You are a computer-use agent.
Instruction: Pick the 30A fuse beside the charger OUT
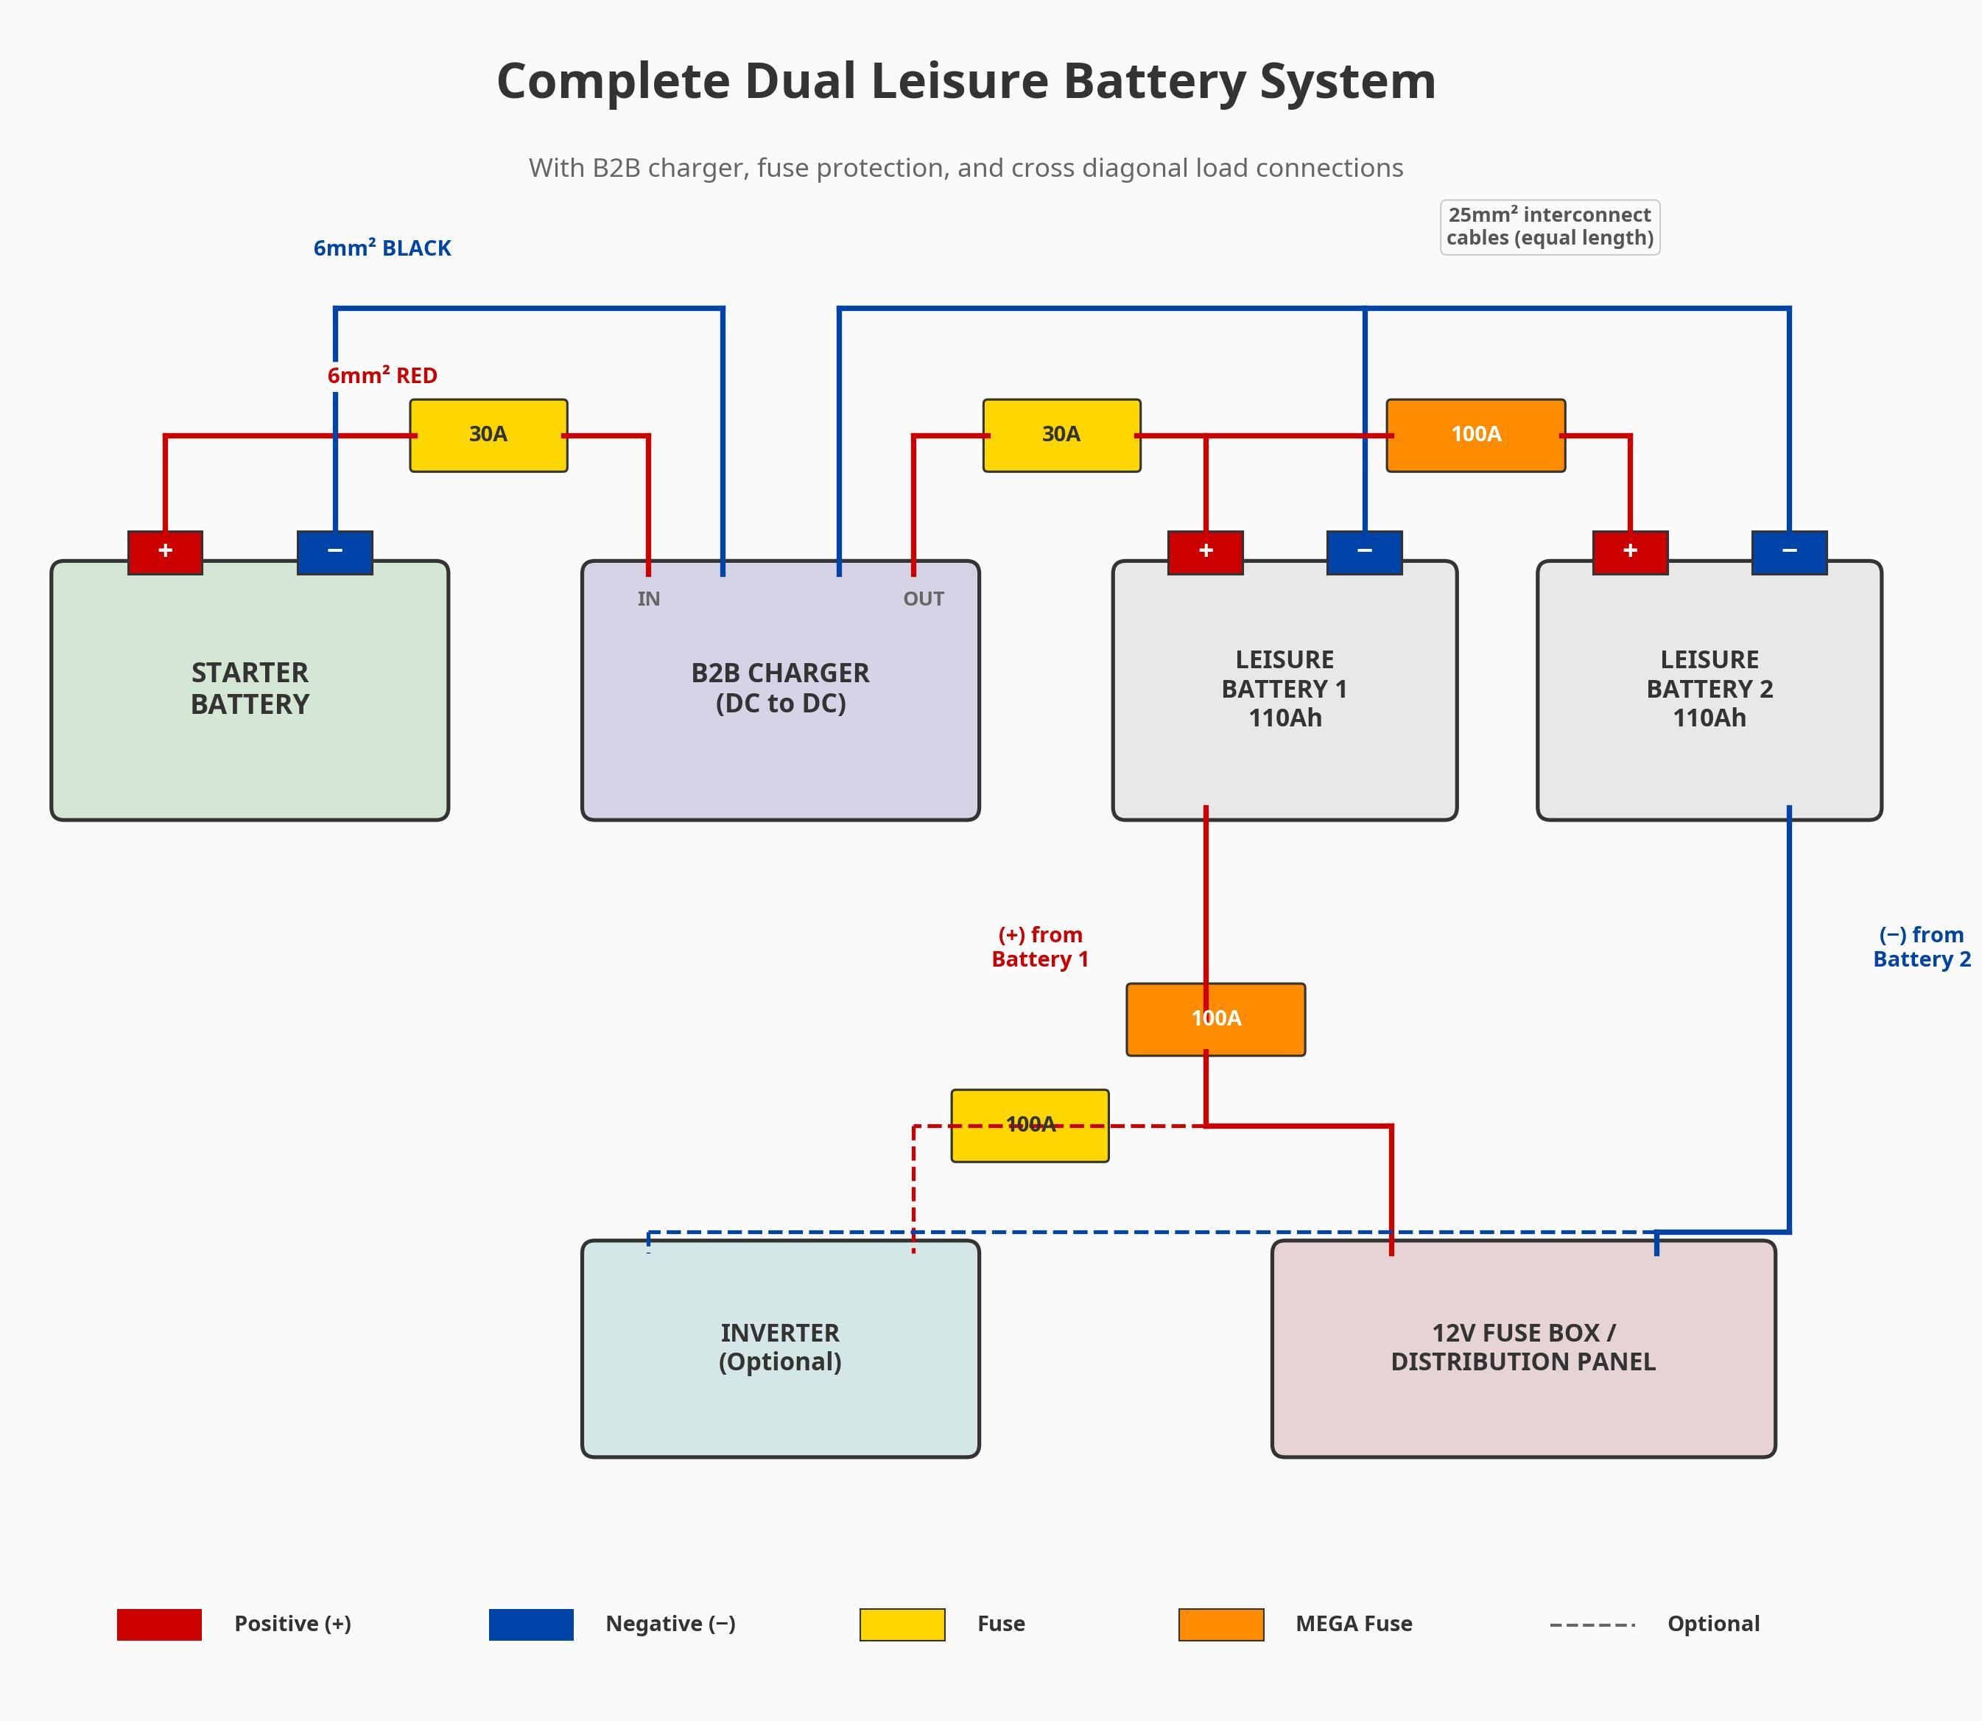tap(1061, 435)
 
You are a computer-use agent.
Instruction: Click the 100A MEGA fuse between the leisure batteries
tap(1475, 435)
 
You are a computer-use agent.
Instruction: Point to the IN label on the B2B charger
tap(648, 599)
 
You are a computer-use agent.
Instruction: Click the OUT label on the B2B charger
tap(923, 599)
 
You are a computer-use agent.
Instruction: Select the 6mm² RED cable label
tap(382, 376)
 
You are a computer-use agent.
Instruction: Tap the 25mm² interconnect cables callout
tap(1549, 227)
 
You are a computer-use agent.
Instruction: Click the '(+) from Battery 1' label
tap(1040, 947)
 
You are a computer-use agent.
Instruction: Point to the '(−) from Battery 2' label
tap(1921, 947)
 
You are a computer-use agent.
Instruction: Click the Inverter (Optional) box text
tap(780, 1347)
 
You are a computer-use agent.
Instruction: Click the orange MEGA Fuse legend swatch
tap(1220, 1624)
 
